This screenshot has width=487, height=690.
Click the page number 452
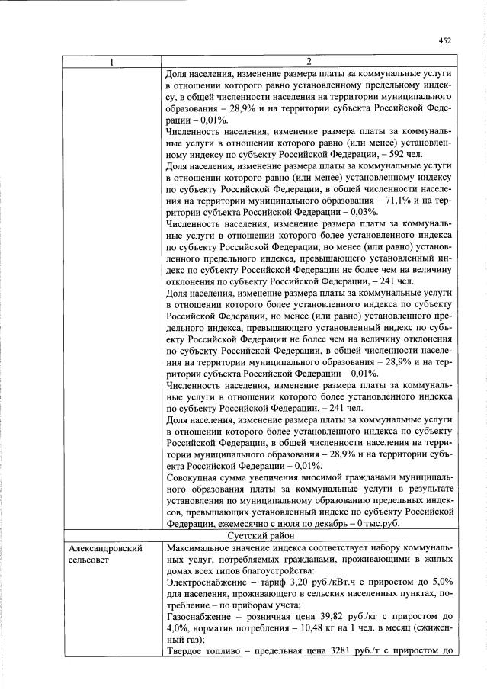point(446,40)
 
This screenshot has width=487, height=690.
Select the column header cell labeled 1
point(113,62)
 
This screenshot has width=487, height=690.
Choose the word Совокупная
point(194,478)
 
